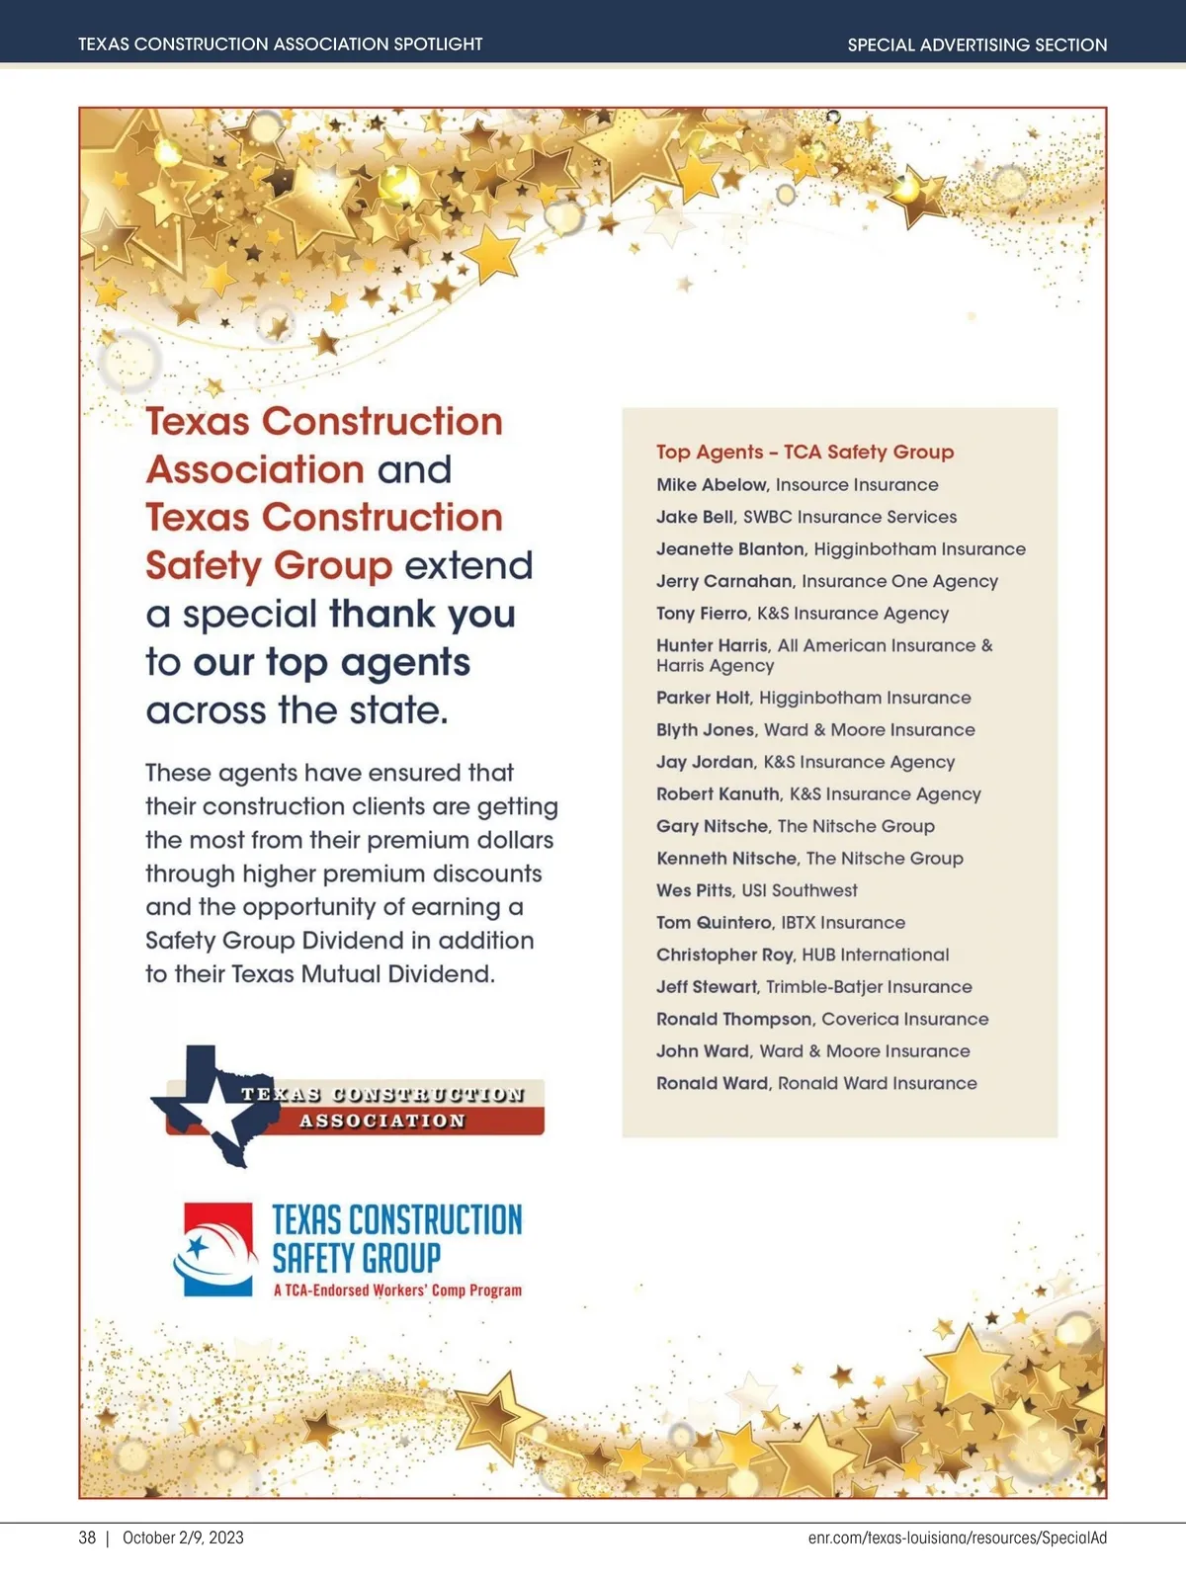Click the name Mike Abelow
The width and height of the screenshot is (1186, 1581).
coord(712,485)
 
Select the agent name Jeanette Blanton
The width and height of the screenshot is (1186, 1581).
coord(730,549)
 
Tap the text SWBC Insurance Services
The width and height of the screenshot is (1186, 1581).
coord(850,517)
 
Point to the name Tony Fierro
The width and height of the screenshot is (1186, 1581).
coord(702,614)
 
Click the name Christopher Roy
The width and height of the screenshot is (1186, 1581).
coord(725,955)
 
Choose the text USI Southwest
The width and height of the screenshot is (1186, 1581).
coord(800,890)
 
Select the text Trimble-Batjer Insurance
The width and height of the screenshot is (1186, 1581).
coord(869,987)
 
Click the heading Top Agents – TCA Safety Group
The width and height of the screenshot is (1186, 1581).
coord(805,452)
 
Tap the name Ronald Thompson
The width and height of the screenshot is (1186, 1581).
coord(734,1019)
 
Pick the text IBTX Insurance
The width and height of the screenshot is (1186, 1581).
coord(843,923)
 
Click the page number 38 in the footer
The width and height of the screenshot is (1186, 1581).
coord(87,1538)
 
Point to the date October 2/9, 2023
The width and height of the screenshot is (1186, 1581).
coord(183,1538)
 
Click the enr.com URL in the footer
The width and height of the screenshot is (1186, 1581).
coord(957,1538)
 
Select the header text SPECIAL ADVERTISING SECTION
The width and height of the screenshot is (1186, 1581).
coord(976,44)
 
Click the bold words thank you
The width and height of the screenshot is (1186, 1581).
coord(422,614)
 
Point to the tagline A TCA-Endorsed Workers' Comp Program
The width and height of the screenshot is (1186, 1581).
coord(397,1290)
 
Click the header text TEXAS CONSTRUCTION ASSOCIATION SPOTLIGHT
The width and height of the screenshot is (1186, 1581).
coord(281,44)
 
